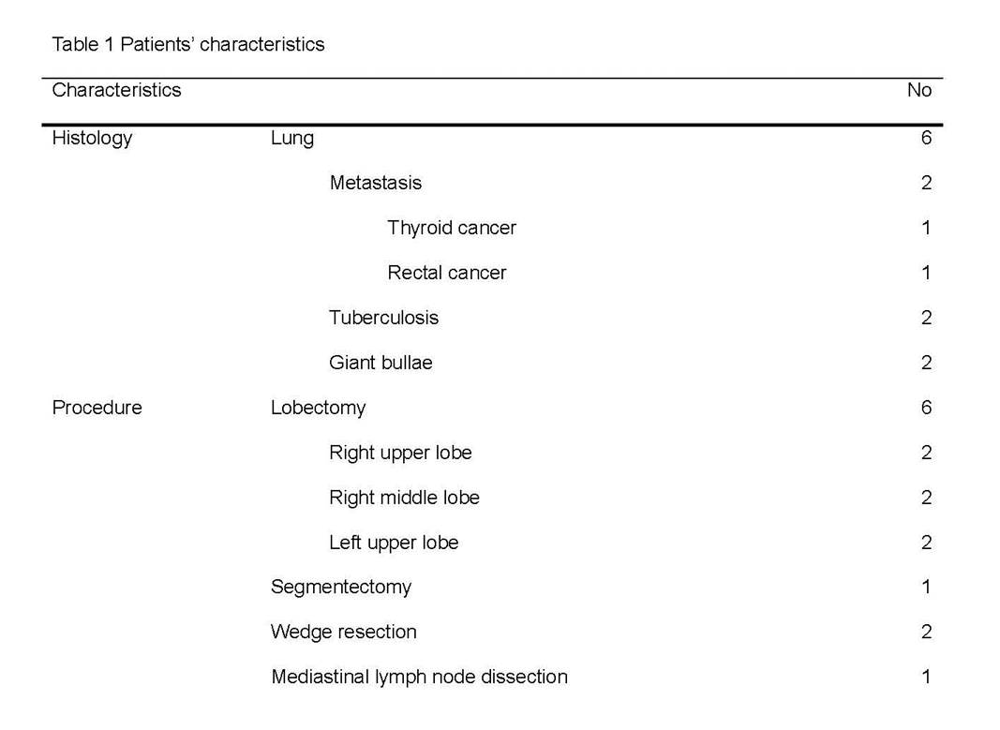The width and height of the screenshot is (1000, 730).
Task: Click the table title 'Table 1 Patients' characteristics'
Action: (x=188, y=44)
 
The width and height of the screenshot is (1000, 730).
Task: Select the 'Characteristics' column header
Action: (x=117, y=90)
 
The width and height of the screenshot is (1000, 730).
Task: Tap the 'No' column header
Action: (x=919, y=90)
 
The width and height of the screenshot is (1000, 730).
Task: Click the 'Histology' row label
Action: (x=93, y=139)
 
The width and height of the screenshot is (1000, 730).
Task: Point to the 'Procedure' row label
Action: (x=97, y=408)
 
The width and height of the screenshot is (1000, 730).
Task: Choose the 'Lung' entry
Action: (x=292, y=139)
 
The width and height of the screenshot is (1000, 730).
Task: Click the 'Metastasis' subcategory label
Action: (x=376, y=183)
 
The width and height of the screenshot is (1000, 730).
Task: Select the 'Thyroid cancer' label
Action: (x=452, y=229)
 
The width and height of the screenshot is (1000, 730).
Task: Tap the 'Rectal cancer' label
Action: (x=446, y=273)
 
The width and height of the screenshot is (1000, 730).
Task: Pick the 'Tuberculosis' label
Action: (x=384, y=318)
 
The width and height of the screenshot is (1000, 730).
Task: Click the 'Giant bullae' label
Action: (x=381, y=363)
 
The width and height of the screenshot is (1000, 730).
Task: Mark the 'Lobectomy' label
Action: (x=319, y=408)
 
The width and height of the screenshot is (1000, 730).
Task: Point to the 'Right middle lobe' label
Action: (x=404, y=498)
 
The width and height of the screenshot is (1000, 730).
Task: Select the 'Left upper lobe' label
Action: (x=395, y=543)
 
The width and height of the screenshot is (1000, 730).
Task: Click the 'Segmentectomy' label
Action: (x=341, y=588)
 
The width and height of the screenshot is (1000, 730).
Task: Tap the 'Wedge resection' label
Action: (x=344, y=632)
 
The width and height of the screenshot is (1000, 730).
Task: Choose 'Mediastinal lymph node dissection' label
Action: (x=420, y=678)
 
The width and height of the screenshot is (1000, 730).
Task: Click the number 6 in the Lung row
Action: (x=926, y=138)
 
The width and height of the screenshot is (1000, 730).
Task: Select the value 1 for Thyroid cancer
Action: (x=926, y=228)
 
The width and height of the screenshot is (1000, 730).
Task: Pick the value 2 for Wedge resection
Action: (x=926, y=632)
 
